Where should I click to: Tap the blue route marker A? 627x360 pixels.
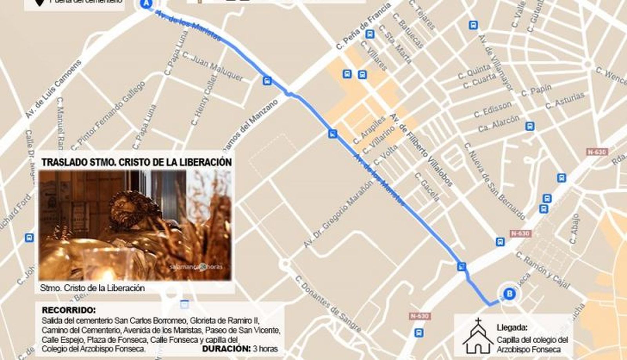[x=147, y=4]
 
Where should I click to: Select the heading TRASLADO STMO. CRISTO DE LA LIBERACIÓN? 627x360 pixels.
[x=136, y=162]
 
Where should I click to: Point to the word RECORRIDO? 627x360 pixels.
[x=68, y=310]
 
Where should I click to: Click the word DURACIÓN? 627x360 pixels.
[x=226, y=348]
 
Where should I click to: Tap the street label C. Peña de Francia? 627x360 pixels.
[x=363, y=27]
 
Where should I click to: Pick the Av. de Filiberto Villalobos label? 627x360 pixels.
[x=421, y=150]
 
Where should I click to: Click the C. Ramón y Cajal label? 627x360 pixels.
[x=542, y=270]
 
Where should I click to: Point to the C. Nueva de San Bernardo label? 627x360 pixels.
[x=494, y=181]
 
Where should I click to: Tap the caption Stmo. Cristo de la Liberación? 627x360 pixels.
[x=92, y=288]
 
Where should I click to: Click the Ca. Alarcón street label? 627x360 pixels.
[x=499, y=123]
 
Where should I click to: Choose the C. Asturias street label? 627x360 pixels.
[x=565, y=100]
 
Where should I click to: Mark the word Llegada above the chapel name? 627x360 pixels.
[x=512, y=327]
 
